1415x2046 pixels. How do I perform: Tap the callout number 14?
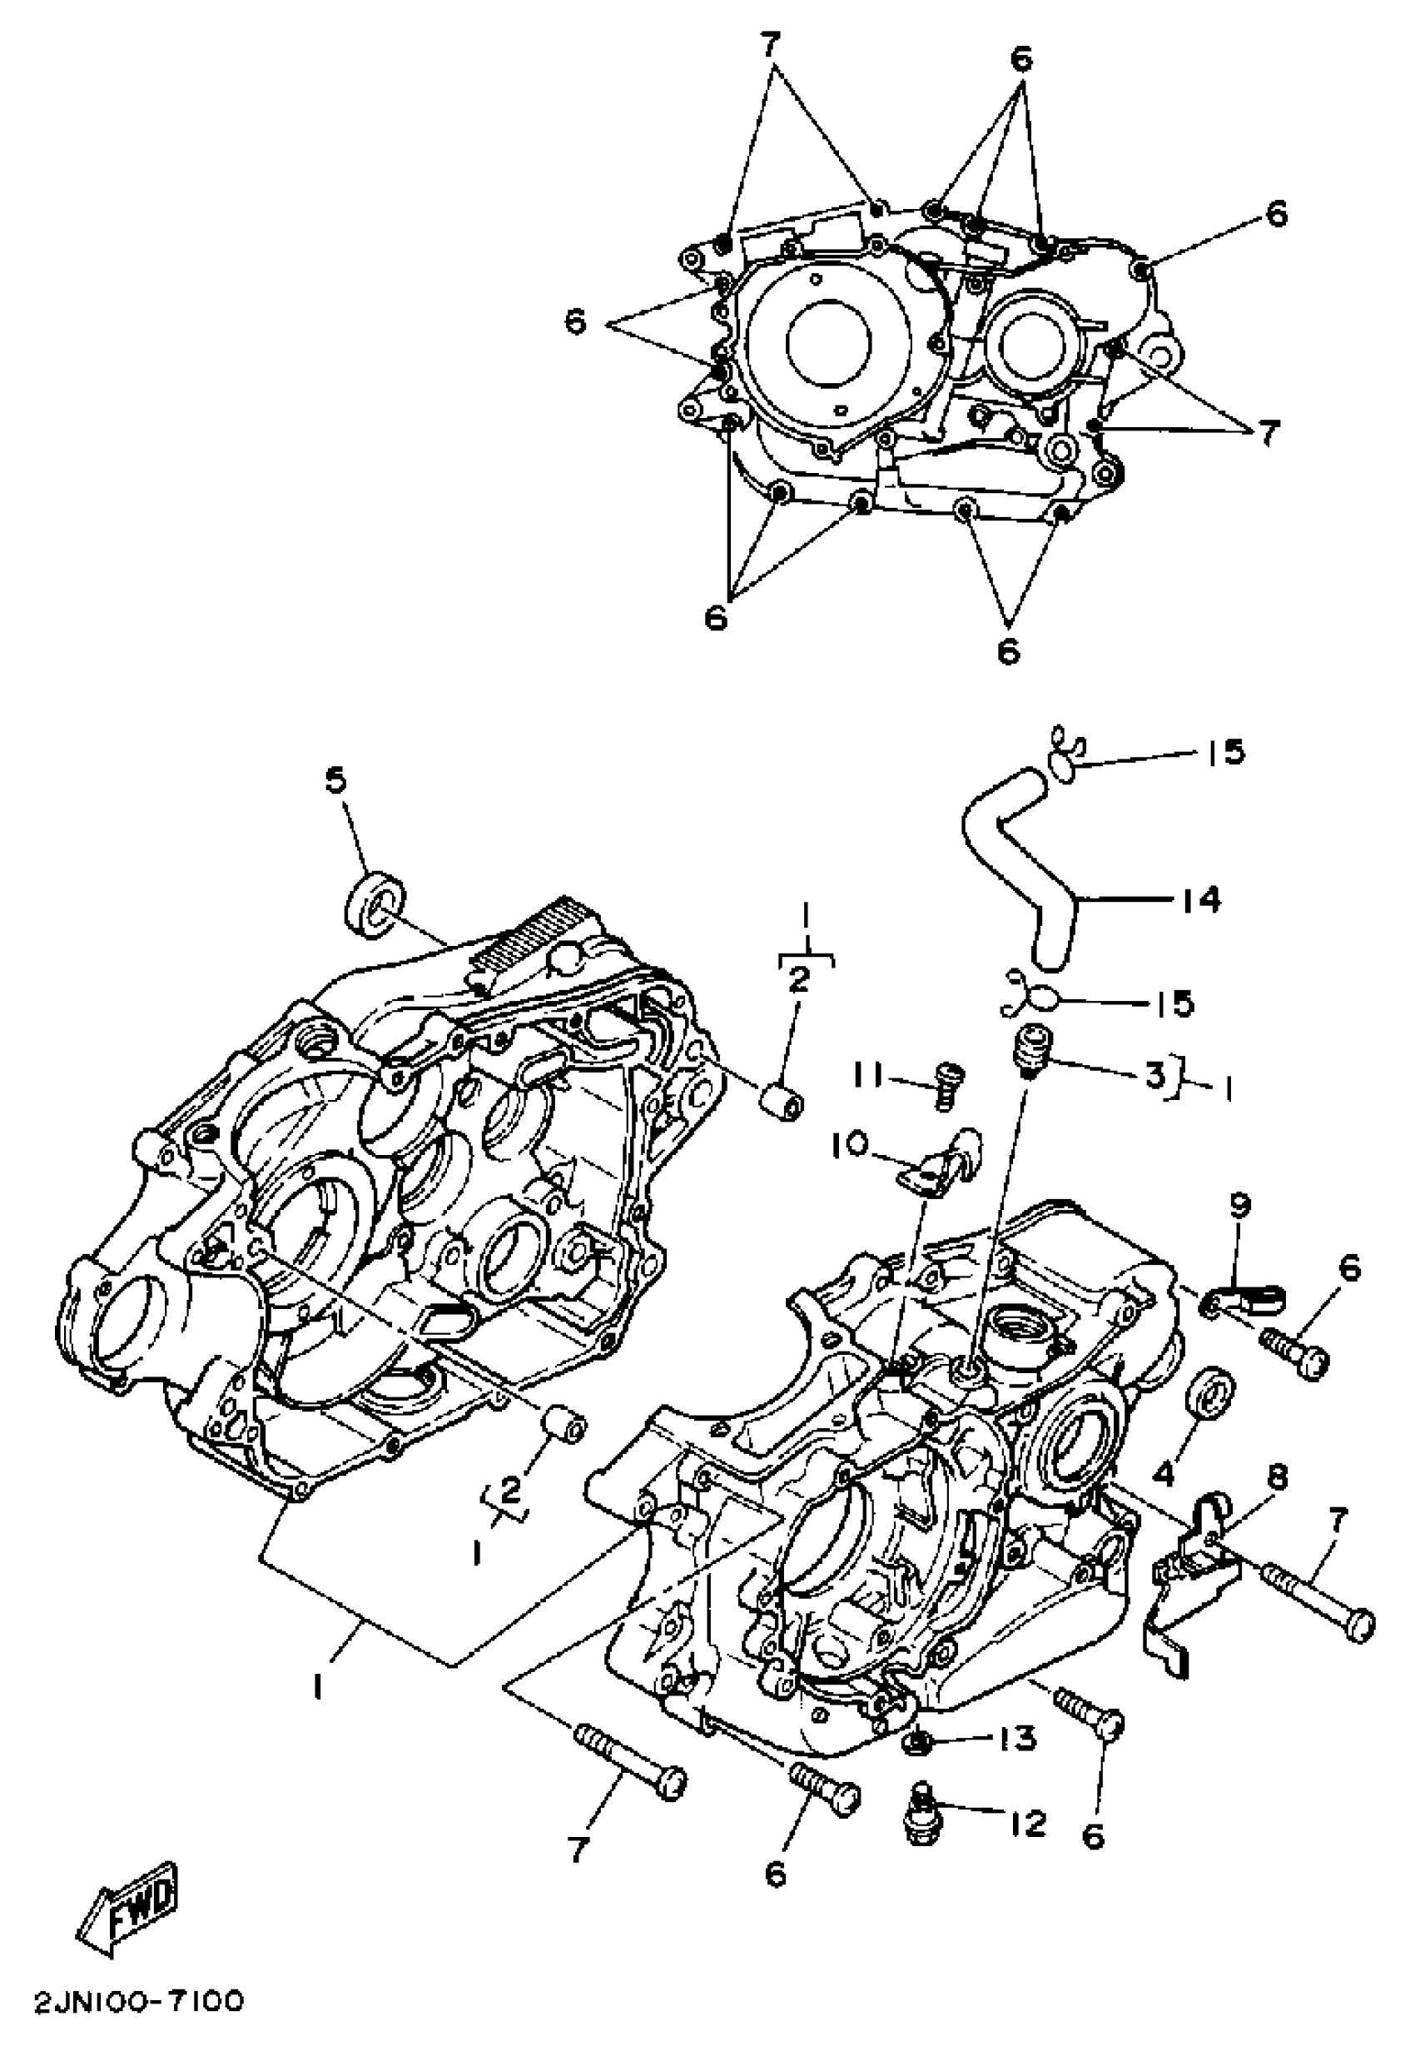(x=1201, y=900)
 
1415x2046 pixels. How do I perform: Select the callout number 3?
(x=1154, y=1076)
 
